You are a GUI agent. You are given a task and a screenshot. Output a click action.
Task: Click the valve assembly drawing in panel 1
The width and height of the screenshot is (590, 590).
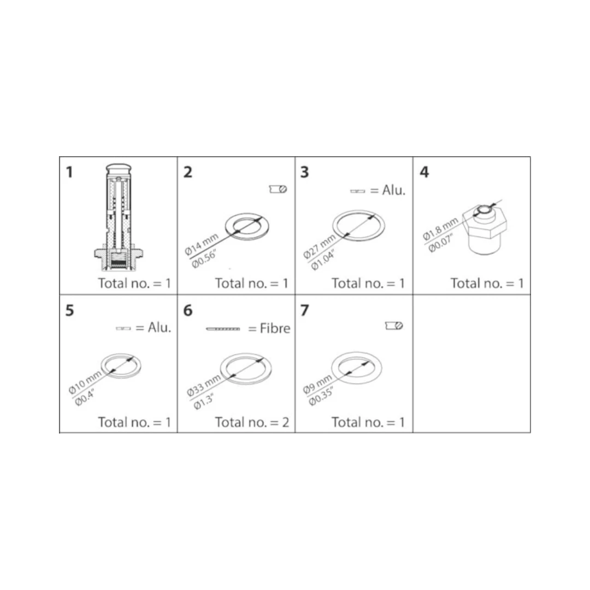(118, 217)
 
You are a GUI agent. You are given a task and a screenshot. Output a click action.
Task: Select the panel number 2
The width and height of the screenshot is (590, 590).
(188, 172)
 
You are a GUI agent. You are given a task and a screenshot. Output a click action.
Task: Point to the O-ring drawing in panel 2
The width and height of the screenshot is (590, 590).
(247, 227)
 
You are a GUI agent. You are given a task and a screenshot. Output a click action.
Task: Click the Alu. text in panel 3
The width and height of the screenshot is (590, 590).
(393, 191)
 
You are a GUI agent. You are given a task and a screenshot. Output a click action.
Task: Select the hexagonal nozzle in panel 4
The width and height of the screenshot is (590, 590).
(485, 228)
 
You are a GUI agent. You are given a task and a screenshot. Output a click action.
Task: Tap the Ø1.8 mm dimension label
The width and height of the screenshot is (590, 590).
(440, 229)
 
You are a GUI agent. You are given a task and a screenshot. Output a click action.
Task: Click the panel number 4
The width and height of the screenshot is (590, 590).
(424, 172)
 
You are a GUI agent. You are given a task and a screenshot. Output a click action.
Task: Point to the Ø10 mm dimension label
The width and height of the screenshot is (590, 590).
(85, 381)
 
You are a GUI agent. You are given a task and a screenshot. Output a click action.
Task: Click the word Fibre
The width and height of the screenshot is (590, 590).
(275, 328)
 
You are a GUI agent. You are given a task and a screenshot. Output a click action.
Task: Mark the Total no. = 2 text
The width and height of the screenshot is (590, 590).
(252, 422)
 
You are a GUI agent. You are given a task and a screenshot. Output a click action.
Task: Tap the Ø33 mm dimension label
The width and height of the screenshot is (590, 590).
(204, 385)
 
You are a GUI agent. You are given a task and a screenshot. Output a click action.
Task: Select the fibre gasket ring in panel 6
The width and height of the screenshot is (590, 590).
(246, 369)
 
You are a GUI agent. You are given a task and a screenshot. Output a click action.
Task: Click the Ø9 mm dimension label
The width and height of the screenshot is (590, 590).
(317, 383)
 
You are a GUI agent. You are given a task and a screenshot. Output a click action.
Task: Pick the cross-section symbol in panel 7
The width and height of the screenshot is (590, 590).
(394, 326)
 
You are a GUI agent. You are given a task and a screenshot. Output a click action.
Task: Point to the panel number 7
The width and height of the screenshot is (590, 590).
(305, 310)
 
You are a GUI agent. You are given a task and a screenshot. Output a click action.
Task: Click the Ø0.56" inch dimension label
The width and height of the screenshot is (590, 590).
(204, 258)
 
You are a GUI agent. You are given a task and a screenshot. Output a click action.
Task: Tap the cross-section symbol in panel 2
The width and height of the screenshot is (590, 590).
(278, 189)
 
